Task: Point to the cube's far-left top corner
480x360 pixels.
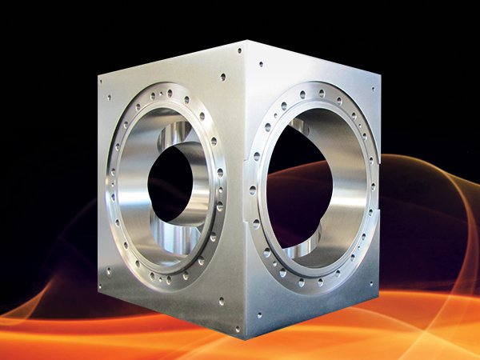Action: click(x=98, y=73)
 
